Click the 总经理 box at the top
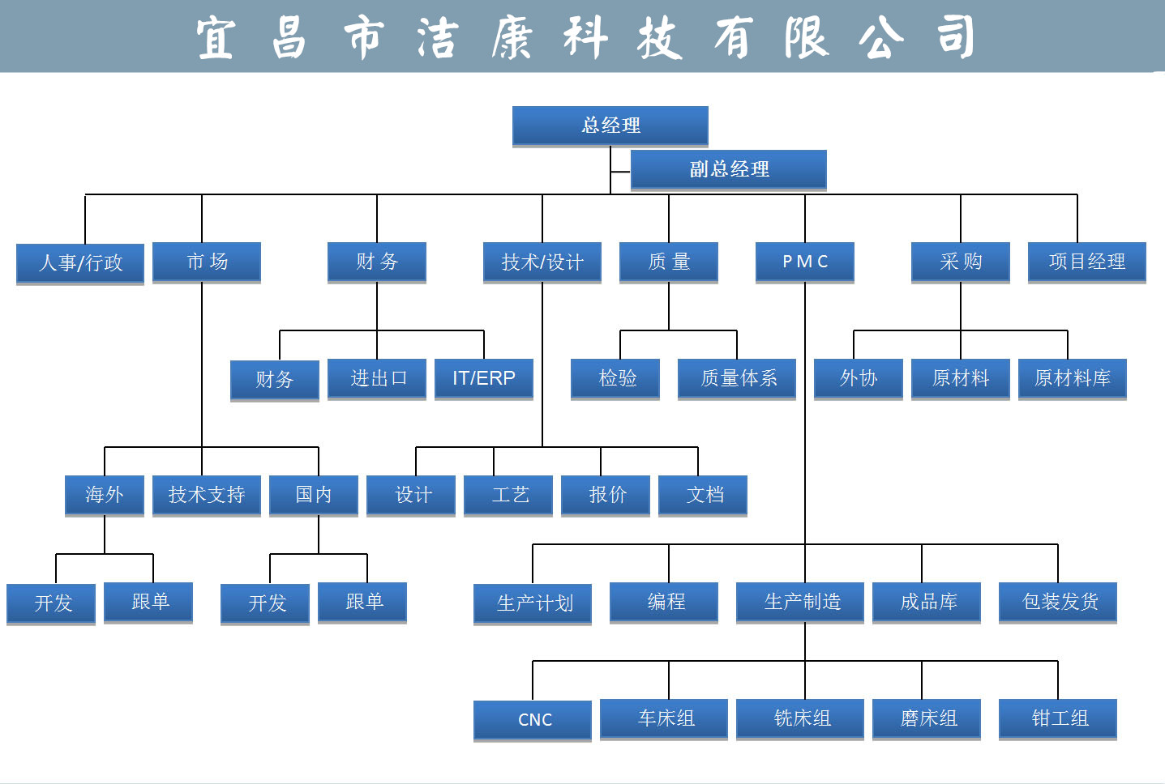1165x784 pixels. point(610,126)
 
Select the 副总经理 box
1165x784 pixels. point(728,169)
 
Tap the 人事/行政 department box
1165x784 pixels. point(80,262)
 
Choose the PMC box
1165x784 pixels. point(804,262)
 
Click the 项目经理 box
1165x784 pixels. point(1086,262)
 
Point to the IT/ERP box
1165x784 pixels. point(483,378)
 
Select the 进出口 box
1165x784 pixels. point(377,378)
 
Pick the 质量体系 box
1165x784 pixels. point(737,378)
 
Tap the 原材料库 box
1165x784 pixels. point(1072,378)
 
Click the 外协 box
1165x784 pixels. point(858,378)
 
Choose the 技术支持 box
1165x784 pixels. point(206,495)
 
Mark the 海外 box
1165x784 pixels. point(105,495)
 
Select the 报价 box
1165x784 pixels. point(606,495)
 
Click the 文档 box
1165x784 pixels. point(703,495)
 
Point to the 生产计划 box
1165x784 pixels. point(533,603)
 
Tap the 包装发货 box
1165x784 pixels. point(1057,602)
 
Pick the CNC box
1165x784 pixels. point(533,719)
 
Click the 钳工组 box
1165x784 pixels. point(1057,718)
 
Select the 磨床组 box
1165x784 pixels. point(927,718)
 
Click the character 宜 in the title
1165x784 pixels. point(216,38)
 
